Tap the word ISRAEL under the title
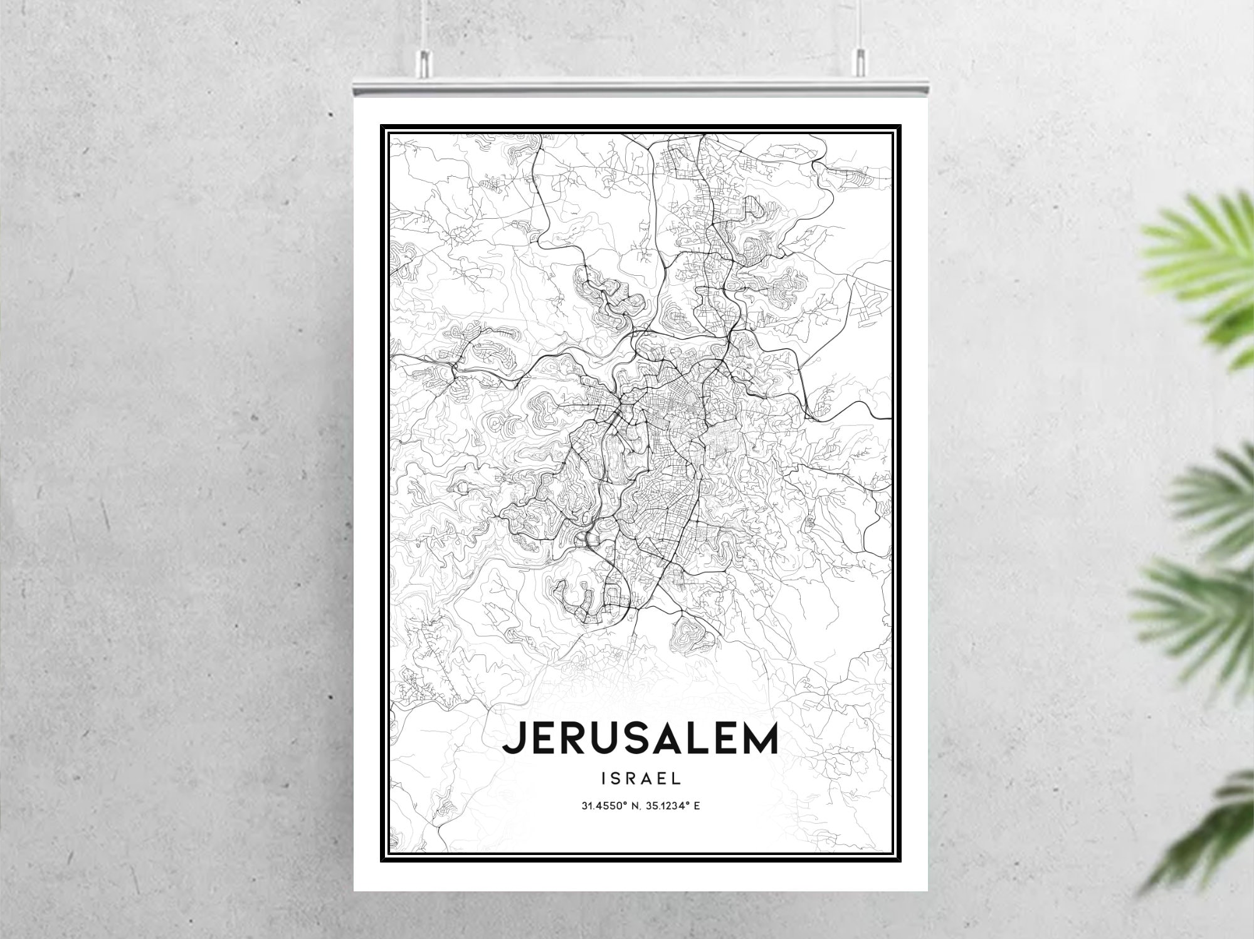coord(640,779)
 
